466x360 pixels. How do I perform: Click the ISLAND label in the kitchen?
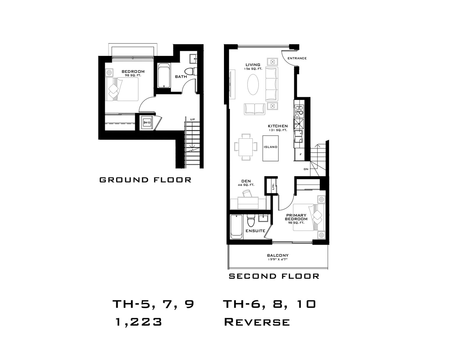[270, 147]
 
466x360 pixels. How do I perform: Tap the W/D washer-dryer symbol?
[147, 123]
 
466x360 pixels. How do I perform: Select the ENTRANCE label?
[297, 58]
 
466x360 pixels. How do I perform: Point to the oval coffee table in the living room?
[253, 84]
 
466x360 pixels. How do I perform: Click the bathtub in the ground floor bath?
[164, 75]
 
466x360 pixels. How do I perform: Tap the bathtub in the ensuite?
[236, 227]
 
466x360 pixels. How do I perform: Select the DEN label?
[246, 181]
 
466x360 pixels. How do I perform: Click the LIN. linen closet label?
[273, 186]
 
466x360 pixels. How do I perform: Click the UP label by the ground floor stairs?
[192, 119]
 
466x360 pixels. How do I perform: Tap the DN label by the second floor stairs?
[306, 169]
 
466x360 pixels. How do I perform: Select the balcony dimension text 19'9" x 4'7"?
[278, 259]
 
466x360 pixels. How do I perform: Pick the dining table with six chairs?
[246, 147]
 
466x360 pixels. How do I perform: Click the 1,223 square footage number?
[139, 322]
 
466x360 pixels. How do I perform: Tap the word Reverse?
[257, 322]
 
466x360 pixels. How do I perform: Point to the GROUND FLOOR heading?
[145, 180]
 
